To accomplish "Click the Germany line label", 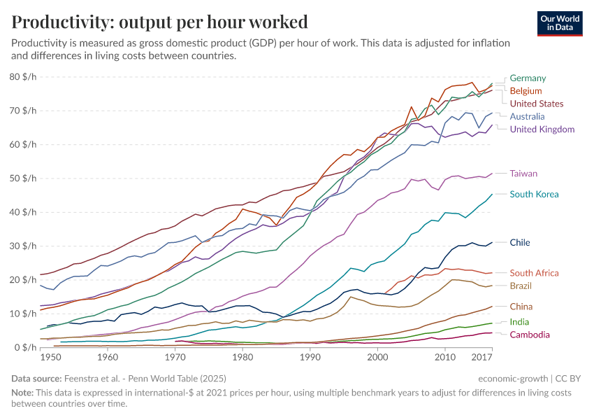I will (x=528, y=78).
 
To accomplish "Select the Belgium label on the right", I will (x=526, y=91).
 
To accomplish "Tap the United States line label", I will (x=537, y=104).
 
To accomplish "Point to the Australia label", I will (x=528, y=116).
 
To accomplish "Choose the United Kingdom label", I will (x=542, y=129).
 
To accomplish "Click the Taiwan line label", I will (x=523, y=174).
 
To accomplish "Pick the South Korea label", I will (x=534, y=194).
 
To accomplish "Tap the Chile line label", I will (x=520, y=243).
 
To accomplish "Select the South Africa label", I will (x=535, y=273).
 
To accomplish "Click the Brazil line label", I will (x=521, y=286).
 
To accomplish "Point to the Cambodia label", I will (x=530, y=335).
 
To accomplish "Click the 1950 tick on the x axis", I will (x=50, y=358).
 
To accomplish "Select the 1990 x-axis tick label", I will (x=310, y=358).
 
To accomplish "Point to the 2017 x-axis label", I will (x=482, y=358).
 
